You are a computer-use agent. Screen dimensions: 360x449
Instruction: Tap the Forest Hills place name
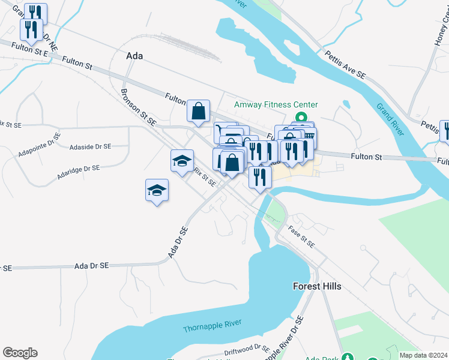(x=317, y=286)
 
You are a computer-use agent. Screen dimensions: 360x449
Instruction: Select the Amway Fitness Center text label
(x=276, y=104)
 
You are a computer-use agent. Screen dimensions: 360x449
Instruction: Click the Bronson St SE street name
(x=138, y=108)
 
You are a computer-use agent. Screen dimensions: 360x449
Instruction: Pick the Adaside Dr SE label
(x=90, y=146)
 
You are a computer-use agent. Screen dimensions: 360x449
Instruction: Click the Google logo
(x=20, y=353)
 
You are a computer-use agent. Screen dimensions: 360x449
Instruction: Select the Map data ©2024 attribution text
(x=423, y=355)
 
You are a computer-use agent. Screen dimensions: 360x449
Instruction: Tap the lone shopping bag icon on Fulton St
(x=198, y=110)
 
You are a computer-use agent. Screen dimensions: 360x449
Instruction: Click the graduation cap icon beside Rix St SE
(x=182, y=161)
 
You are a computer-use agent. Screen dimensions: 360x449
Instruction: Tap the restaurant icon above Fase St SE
(x=260, y=178)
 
